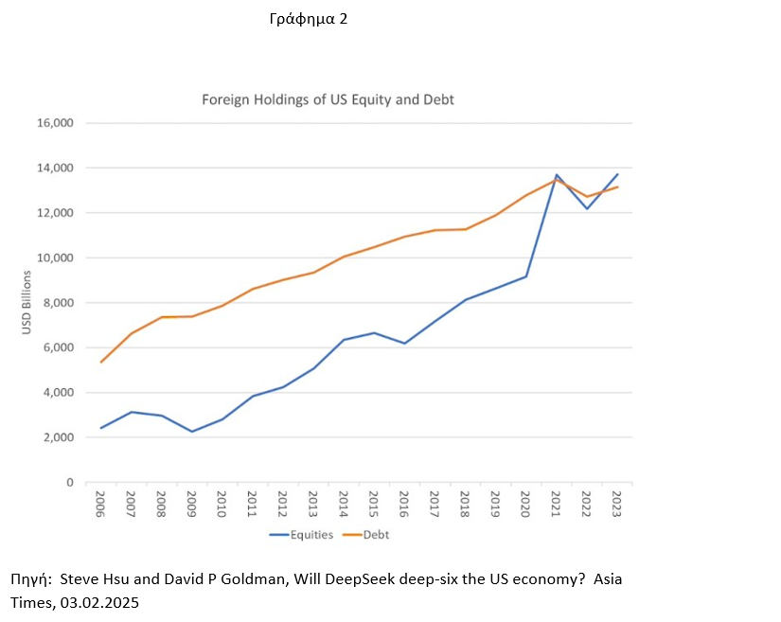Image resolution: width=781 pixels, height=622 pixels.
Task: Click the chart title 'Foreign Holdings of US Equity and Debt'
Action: pos(328,99)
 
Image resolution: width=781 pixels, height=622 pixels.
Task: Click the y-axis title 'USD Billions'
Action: pos(27,303)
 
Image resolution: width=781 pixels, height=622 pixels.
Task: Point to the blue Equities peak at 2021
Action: pos(557,175)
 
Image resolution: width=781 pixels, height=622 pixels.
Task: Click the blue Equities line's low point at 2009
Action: pos(192,432)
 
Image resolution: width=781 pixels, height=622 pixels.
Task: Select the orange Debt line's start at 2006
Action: pos(101,362)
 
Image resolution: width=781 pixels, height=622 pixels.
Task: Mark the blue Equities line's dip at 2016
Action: pos(404,343)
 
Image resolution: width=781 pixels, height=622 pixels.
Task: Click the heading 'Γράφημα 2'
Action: pos(308,19)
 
